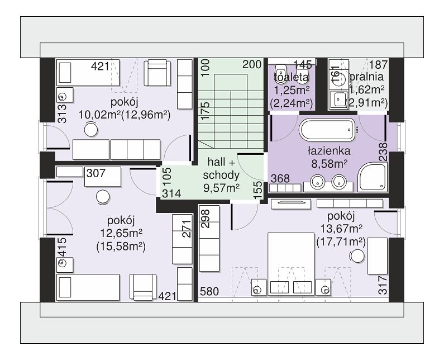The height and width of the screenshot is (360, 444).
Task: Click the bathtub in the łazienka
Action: pos(327,130)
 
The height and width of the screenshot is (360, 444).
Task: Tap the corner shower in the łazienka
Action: pos(372,177)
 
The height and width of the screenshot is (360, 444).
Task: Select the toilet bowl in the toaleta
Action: pos(281,74)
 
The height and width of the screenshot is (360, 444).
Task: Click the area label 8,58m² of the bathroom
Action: pos(330,164)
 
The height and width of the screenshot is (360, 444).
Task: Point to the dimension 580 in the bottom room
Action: pos(209,291)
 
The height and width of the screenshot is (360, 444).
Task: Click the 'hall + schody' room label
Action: pos(221,169)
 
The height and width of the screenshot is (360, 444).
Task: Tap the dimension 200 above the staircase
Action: pos(252,65)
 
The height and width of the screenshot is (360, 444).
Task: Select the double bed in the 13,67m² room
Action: pos(291,264)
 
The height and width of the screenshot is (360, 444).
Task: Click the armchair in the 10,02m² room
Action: pos(157,72)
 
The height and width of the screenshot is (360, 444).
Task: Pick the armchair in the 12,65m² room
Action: pos(143,287)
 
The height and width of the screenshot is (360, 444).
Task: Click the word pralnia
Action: pos(367,77)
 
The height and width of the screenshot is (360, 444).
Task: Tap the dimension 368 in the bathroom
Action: pos(280,178)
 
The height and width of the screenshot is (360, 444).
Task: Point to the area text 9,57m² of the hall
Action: pos(221,187)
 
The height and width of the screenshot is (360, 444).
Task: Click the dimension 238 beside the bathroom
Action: pos(383,152)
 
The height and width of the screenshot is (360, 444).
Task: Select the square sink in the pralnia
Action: pos(338,99)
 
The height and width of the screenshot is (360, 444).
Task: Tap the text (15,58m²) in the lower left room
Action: pos(121,247)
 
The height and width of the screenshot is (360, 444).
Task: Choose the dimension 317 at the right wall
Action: pos(383,285)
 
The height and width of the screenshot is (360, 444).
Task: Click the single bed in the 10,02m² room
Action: pos(88,72)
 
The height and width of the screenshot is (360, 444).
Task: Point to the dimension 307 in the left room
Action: pos(96,173)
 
